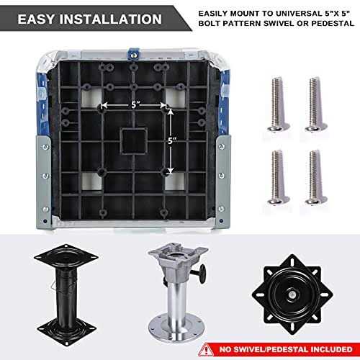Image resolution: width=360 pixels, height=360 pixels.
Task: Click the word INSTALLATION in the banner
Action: pos(111,19)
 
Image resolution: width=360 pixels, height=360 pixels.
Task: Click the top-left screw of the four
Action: pos(278,104)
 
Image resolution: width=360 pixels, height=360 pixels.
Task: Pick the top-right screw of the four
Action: pos(316,104)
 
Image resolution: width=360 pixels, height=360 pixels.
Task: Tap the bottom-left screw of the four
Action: pos(278,177)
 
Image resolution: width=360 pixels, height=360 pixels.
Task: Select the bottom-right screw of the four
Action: pos(316,177)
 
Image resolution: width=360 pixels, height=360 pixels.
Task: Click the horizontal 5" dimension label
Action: pos(135,104)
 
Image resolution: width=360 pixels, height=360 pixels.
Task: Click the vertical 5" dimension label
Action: pos(172,140)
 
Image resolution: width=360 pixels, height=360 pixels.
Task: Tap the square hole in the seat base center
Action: pos(134,141)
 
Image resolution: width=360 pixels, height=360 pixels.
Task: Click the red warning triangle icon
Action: pos(206,350)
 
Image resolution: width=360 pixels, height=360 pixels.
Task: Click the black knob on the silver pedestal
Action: pos(201,273)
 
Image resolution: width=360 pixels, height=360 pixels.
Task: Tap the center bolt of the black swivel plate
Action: pos(292,294)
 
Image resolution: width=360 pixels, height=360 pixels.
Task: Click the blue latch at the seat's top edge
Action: pos(133,54)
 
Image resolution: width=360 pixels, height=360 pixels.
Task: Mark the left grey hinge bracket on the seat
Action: pos(44,182)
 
